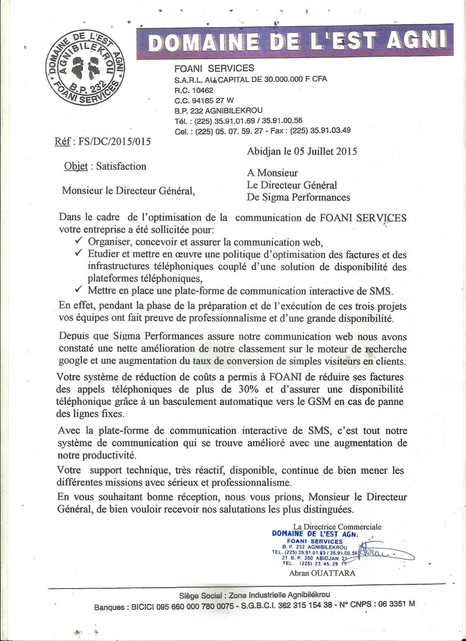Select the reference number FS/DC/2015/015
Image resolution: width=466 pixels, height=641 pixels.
click(x=115, y=142)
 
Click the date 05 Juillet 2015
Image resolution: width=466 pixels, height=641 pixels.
click(x=325, y=151)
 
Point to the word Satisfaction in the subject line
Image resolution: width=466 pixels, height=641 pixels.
click(x=121, y=166)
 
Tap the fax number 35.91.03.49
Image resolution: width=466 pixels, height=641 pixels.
click(x=330, y=130)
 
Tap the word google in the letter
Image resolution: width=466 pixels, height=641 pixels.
click(x=73, y=361)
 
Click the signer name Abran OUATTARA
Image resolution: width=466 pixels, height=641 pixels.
click(x=322, y=573)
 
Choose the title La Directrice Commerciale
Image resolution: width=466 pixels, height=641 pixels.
click(x=337, y=527)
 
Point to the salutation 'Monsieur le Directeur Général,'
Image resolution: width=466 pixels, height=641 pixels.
click(x=128, y=190)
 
